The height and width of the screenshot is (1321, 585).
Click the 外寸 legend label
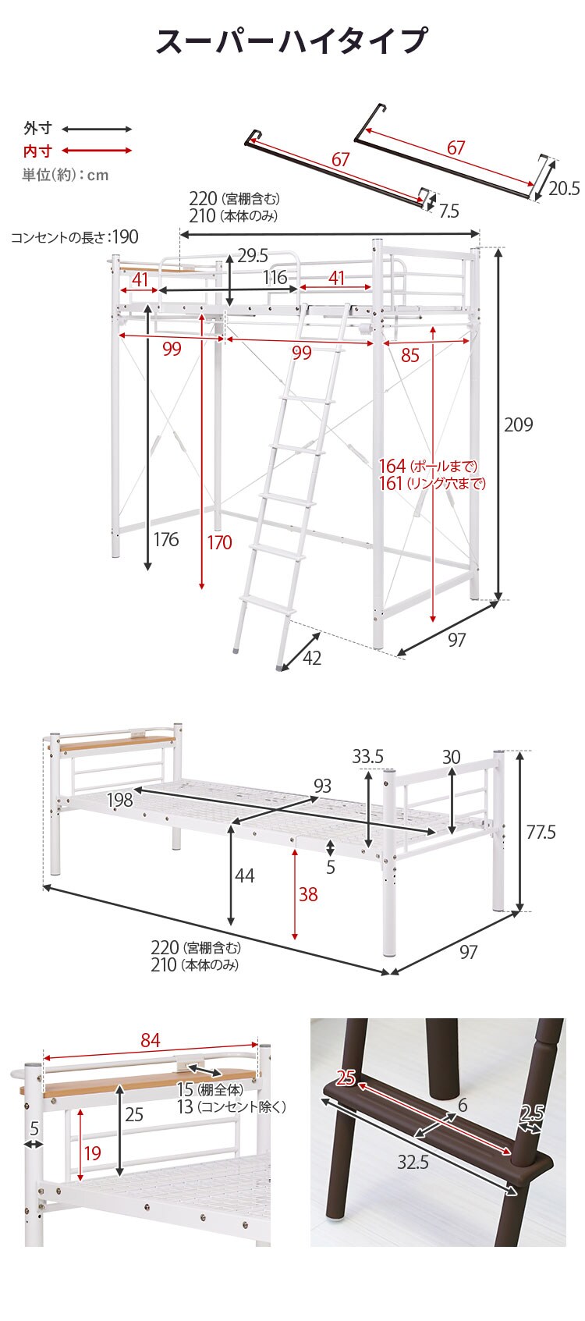[37, 129]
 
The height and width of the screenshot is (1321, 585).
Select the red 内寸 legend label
[37, 151]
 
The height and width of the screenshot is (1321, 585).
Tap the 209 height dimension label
[519, 424]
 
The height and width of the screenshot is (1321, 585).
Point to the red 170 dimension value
[219, 542]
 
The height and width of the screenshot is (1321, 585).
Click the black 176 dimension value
[165, 539]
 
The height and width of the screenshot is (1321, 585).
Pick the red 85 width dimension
[409, 355]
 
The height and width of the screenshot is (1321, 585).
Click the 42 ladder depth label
[311, 658]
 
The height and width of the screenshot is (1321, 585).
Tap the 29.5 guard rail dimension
[253, 255]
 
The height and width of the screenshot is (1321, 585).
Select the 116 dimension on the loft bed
[275, 277]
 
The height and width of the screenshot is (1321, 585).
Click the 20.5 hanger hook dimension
[565, 188]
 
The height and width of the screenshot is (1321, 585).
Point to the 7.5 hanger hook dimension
[448, 211]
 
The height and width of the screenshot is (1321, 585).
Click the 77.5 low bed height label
[541, 832]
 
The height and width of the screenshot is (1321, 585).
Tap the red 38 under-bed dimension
[308, 894]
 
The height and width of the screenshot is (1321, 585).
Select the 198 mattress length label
[119, 801]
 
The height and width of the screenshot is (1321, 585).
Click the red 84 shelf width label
[151, 1040]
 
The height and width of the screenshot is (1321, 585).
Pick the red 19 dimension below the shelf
[93, 1153]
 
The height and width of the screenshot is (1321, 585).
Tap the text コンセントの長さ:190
[75, 237]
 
